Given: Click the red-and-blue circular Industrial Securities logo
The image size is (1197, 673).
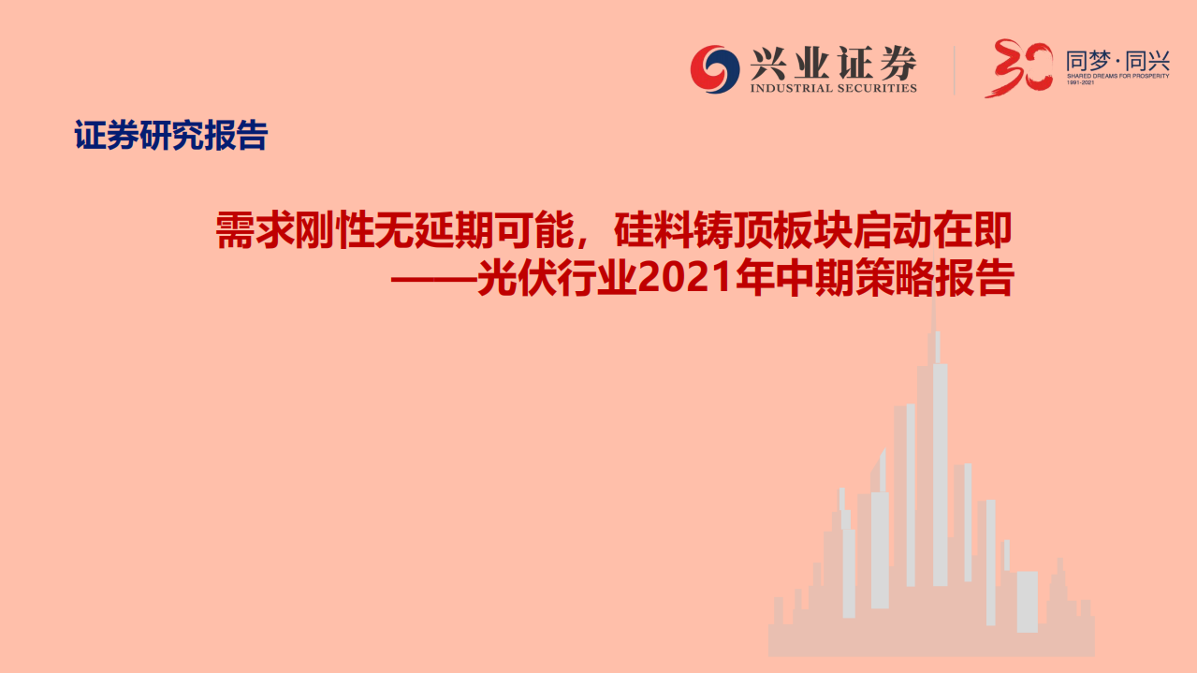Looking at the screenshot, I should click(715, 70).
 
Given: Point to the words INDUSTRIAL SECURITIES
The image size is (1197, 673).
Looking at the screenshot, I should click(833, 88).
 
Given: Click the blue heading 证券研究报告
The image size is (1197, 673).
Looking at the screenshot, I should click(171, 137).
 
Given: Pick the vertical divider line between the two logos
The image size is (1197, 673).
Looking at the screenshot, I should click(954, 70).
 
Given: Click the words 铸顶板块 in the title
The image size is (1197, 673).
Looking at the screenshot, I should click(774, 230).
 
